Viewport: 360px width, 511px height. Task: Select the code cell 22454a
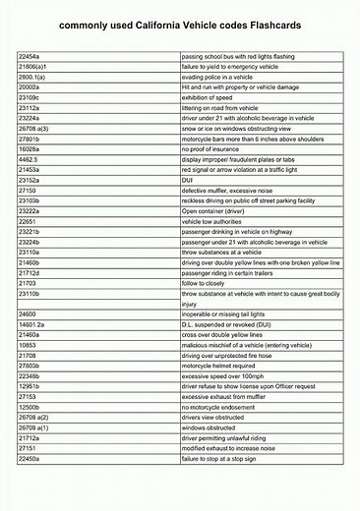point(30,58)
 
